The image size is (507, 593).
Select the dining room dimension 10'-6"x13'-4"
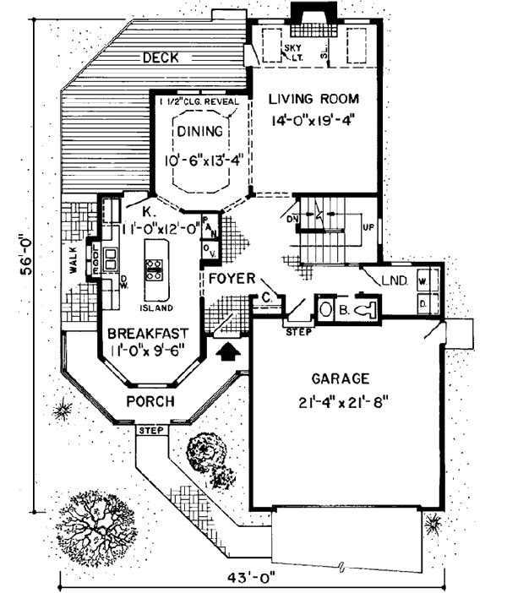coord(200,157)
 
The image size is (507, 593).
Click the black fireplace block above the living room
coord(303,14)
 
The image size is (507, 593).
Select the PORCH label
coord(150,400)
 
